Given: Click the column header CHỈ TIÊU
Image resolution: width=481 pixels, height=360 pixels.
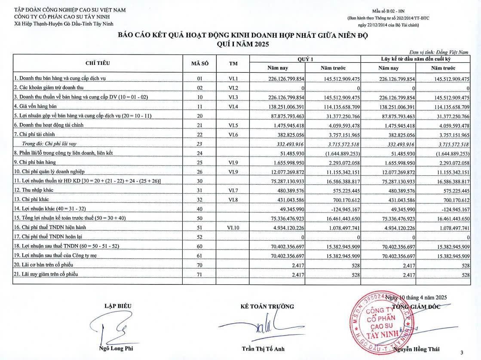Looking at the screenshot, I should tap(98, 63).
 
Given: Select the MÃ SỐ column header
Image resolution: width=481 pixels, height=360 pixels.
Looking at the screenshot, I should tap(199, 63).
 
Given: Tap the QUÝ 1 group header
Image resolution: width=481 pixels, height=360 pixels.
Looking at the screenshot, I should tap(306, 58).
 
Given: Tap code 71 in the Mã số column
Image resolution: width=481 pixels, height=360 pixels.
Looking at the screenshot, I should tap(199, 274).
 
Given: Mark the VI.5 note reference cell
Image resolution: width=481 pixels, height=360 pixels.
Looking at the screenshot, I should tap(233, 125).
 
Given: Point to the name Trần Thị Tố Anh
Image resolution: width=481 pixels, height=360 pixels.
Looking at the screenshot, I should tap(263, 348).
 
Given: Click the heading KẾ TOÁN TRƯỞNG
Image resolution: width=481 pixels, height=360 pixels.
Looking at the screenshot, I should tap(267, 306).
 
